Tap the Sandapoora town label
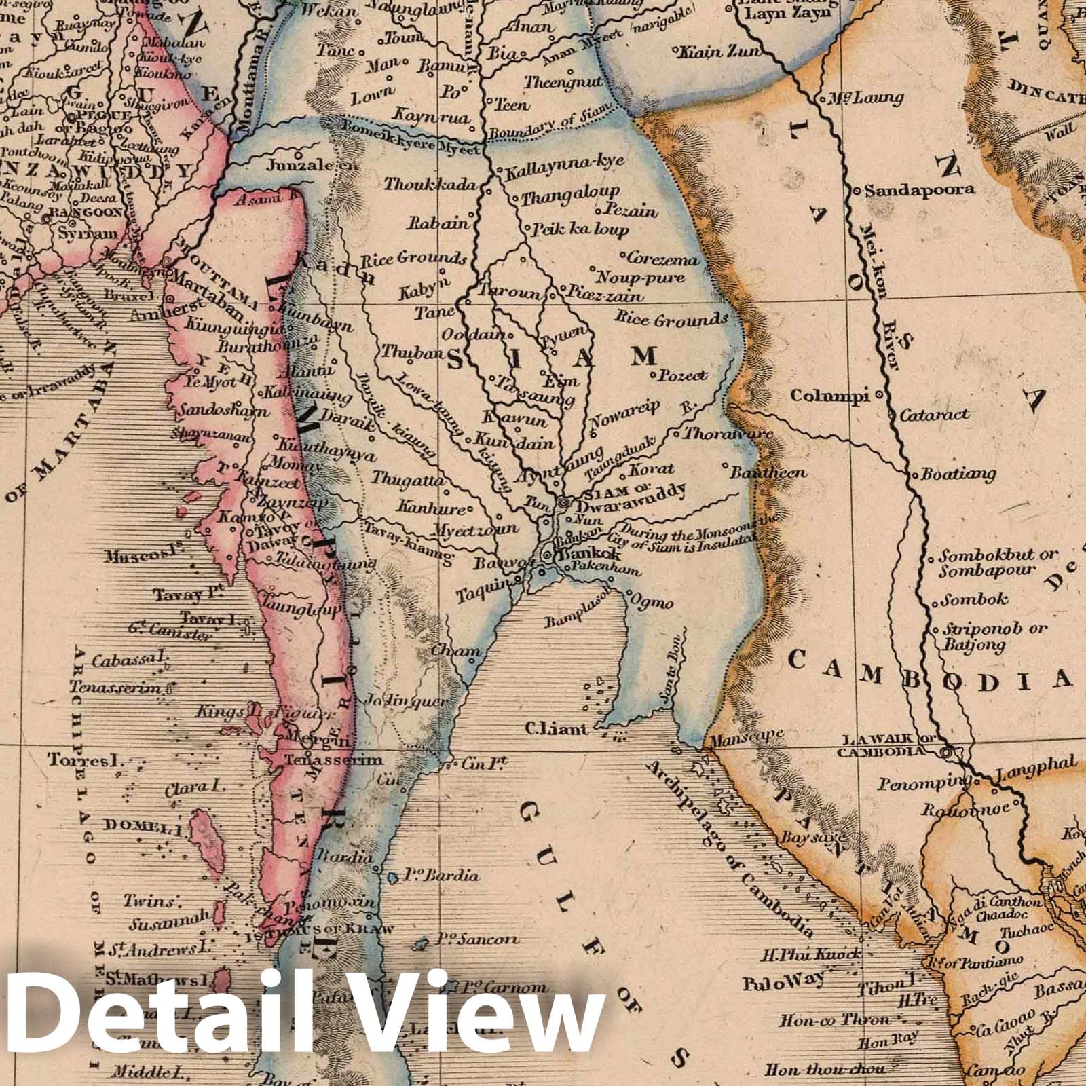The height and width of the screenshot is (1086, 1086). [x=920, y=190]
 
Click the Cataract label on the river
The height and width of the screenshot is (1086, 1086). [x=935, y=415]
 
